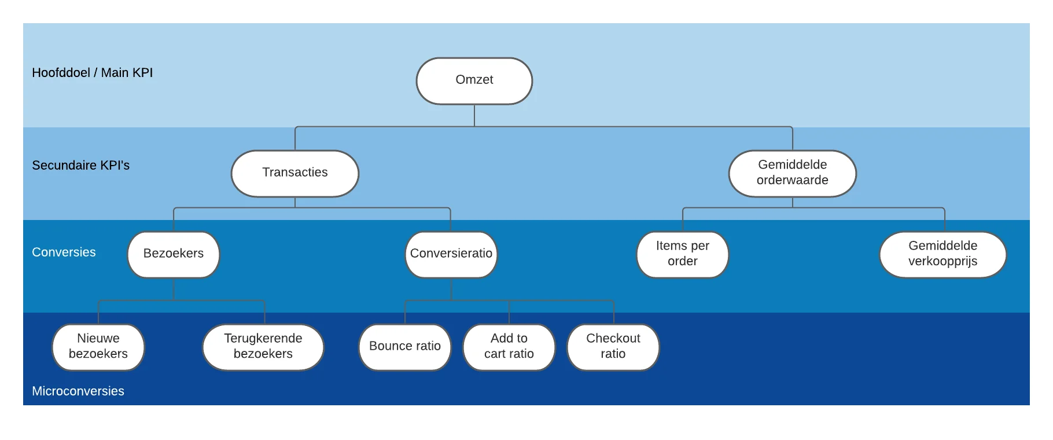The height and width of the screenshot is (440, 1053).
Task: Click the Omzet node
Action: [x=474, y=81]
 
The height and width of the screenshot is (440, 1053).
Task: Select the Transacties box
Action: [x=295, y=174]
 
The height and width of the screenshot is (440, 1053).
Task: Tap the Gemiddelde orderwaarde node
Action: [x=793, y=174]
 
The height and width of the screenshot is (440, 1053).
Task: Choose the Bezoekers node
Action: [x=174, y=255]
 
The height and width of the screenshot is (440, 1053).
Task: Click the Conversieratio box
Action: [x=451, y=255]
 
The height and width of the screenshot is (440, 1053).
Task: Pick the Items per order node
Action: [x=683, y=255]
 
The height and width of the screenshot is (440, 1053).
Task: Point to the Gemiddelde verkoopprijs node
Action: [x=943, y=255]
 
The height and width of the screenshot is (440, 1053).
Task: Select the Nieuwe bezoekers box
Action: [x=98, y=347]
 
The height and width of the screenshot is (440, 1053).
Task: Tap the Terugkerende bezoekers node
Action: [x=263, y=347]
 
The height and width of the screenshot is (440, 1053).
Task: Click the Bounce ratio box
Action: [x=405, y=347]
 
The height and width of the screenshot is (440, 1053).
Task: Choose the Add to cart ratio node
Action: [x=509, y=347]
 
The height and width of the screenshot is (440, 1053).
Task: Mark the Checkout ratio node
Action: [x=613, y=347]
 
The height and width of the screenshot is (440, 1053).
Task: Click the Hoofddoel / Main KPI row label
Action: [x=93, y=73]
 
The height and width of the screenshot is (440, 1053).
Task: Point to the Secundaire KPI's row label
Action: [x=81, y=166]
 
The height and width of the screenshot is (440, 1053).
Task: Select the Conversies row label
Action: [x=64, y=252]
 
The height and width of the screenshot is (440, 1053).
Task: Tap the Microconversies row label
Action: [x=78, y=391]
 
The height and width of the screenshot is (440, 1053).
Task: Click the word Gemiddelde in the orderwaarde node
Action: [x=793, y=164]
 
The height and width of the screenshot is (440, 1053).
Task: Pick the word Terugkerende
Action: [x=263, y=339]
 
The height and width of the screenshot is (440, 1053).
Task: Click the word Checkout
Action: [x=613, y=338]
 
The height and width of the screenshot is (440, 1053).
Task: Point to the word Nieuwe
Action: [x=98, y=338]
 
